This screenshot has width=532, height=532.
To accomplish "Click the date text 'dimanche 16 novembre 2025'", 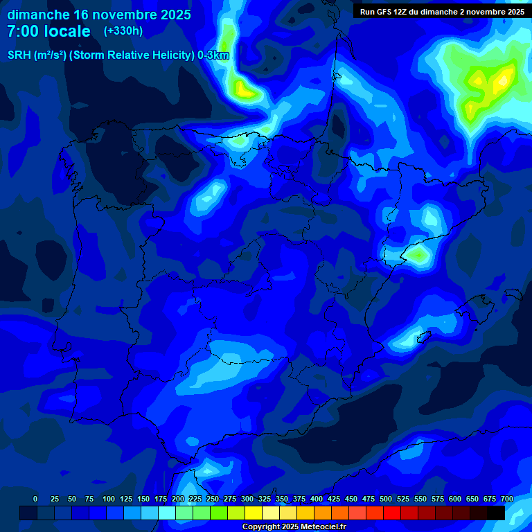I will pyautogui.click(x=99, y=15).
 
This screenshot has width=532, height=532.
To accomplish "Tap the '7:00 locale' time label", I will pyautogui.click(x=48, y=31).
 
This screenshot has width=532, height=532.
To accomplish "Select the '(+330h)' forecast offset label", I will pyautogui.click(x=123, y=30).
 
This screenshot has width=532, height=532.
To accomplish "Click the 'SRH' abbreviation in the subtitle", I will pyautogui.click(x=19, y=55).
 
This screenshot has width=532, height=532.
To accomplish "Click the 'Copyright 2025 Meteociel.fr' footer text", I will pyautogui.click(x=294, y=526).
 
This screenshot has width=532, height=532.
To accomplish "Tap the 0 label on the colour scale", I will pyautogui.click(x=35, y=499).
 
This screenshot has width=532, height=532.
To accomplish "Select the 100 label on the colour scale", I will pyautogui.click(x=109, y=499).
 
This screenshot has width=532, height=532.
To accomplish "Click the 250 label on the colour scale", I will pyautogui.click(x=213, y=499).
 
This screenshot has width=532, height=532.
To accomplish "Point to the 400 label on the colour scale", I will pyautogui.click(x=317, y=499).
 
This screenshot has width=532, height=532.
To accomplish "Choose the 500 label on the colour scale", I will pyautogui.click(x=386, y=499).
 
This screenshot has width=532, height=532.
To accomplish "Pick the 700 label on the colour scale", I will pyautogui.click(x=507, y=499).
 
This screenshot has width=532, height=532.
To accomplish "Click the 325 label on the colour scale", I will pyautogui.click(x=265, y=499).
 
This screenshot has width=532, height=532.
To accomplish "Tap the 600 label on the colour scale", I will pyautogui.click(x=455, y=499).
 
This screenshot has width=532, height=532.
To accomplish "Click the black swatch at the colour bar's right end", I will pyautogui.click(x=496, y=513).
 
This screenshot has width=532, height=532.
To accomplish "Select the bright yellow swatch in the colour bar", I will pyautogui.click(x=254, y=513).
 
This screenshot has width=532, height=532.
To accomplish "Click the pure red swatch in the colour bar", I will pyautogui.click(x=392, y=513).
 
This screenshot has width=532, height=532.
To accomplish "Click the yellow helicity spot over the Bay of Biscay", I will pyautogui.click(x=242, y=88).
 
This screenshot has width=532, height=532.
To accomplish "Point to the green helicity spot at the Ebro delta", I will pyautogui.click(x=418, y=254).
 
